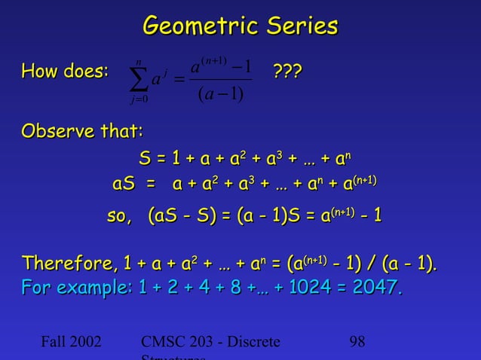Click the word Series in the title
pos(297,26)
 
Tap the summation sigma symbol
pos(138,76)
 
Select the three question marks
pos(286,72)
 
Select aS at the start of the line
pos(124,184)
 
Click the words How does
pos(66,72)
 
